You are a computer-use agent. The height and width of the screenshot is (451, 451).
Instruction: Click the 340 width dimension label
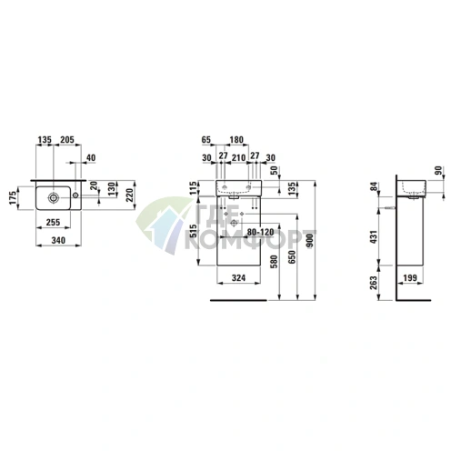58,240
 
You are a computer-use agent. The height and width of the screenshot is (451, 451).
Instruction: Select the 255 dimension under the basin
53,222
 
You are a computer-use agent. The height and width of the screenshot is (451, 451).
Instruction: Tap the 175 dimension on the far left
13,197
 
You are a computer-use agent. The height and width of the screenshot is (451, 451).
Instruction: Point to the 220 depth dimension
130,195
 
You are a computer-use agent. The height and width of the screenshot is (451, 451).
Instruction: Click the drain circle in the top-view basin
54,198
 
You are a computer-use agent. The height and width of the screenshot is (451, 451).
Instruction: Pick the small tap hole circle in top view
75,195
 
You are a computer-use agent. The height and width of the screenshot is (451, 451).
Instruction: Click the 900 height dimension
310,241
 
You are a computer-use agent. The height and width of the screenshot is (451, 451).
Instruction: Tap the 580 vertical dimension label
274,262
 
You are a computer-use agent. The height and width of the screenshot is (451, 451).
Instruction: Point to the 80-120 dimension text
261,233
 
